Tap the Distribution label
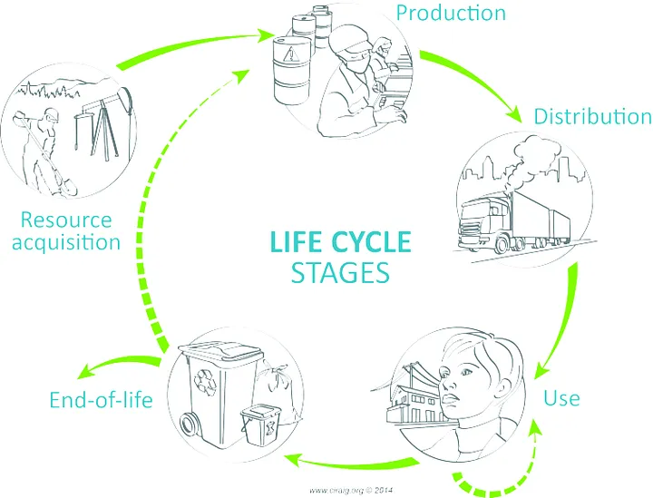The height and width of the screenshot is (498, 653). coord(592,117)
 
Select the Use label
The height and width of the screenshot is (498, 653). coord(561,397)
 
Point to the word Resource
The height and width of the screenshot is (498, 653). coord(66,220)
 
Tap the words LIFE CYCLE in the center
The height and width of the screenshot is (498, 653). coord(342,242)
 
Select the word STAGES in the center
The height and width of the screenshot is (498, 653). coord(341,273)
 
